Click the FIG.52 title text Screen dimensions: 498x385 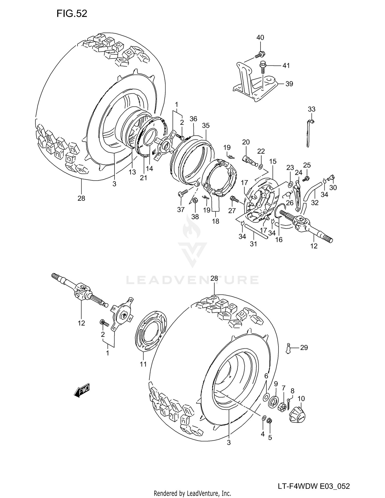(72, 13)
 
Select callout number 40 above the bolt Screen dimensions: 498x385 (260, 37)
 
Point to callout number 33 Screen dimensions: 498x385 (311, 109)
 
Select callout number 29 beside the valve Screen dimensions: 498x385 (304, 348)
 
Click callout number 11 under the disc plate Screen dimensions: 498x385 (143, 364)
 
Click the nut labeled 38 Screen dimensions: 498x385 (195, 200)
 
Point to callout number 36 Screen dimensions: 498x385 (193, 119)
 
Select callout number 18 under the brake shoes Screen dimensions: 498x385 (216, 221)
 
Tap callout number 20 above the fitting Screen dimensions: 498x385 (246, 142)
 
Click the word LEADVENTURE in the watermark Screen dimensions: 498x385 (192, 280)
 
